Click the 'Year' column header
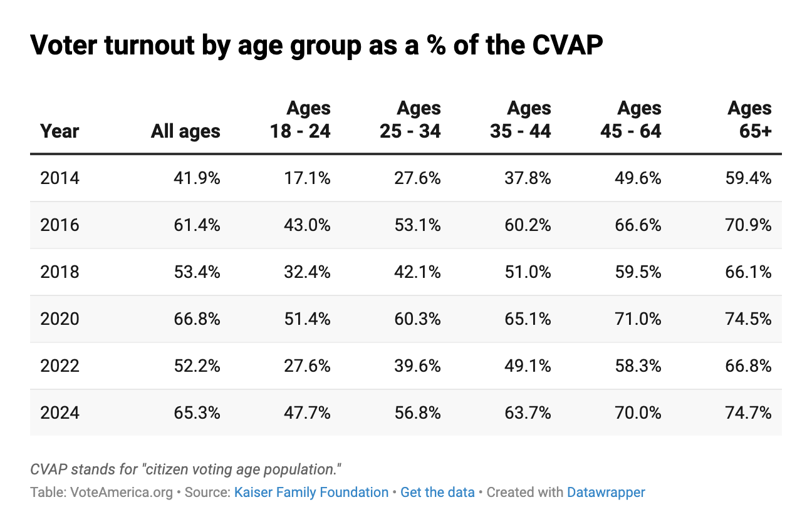point(60,131)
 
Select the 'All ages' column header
point(185,131)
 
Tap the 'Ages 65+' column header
point(749,119)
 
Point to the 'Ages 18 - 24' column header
point(300,119)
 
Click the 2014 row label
point(60,178)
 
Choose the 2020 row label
point(60,319)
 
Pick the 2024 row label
point(60,413)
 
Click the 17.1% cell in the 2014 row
point(307,178)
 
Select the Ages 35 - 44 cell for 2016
point(528,225)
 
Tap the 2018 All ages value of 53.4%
point(197,272)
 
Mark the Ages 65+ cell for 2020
point(748,319)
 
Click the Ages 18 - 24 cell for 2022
point(307,366)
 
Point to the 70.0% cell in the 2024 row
point(638,413)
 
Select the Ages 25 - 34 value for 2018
point(417,272)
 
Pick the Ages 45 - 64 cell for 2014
point(638,178)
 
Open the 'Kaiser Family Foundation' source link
point(311,493)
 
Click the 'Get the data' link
point(437,493)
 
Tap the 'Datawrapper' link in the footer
point(606,493)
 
